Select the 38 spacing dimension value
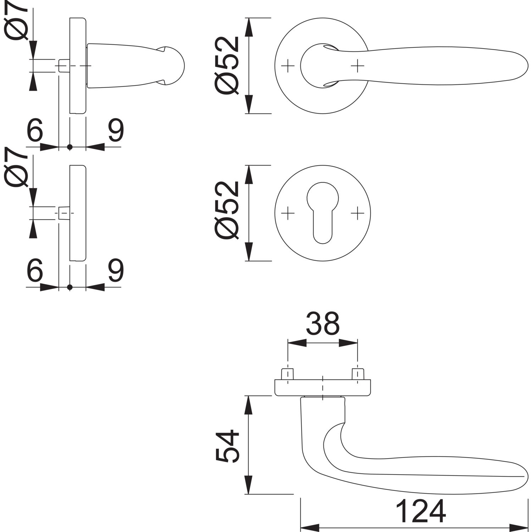point(322,323)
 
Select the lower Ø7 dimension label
point(16,168)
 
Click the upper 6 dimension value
point(35,131)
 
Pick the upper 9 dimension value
point(116,131)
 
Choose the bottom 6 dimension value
point(35,271)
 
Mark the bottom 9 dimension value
point(116,271)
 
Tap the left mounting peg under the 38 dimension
point(287,375)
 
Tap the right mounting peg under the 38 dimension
point(358,375)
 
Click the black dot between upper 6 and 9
point(70,146)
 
